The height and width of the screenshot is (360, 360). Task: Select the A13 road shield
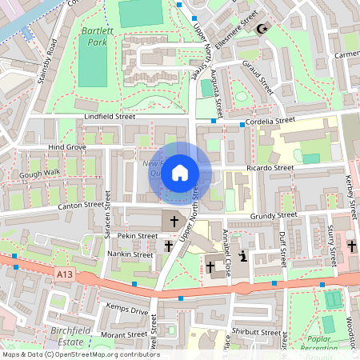point(67,274)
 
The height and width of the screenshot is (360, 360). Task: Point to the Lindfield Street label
point(110,117)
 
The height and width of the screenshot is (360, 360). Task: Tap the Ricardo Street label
point(269,169)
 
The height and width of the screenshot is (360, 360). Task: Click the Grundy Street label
point(273,215)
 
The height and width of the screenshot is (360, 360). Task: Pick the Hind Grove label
point(66,148)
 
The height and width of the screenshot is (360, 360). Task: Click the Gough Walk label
point(40,173)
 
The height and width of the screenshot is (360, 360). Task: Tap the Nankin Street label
point(130,254)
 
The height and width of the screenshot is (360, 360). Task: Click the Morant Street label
point(124,334)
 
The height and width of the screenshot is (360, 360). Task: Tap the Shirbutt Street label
point(256,332)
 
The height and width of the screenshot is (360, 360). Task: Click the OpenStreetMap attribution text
point(80,354)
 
